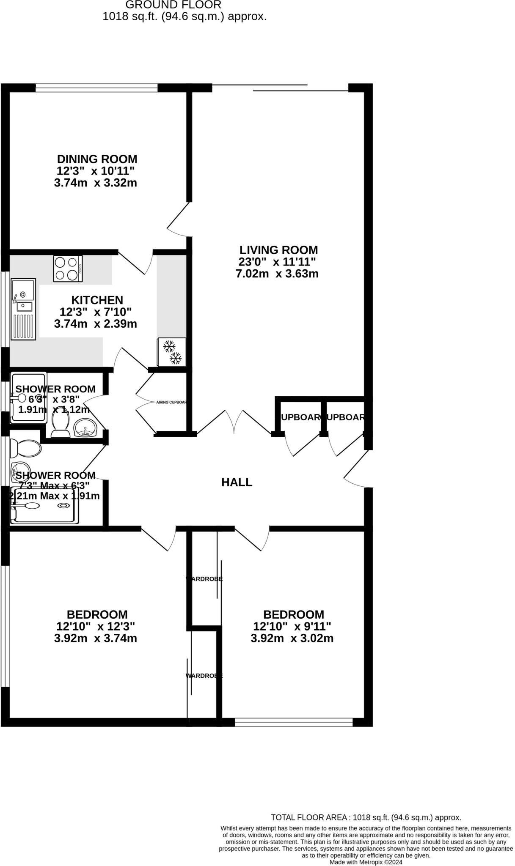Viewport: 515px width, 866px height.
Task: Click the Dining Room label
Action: coord(97,159)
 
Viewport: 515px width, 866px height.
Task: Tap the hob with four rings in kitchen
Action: coord(68,269)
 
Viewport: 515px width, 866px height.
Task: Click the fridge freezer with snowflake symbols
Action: coord(171,352)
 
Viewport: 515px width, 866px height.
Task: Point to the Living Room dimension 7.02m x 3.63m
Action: coord(277,274)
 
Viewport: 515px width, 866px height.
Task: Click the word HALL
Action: coord(237,482)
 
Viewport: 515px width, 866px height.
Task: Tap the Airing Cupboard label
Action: coord(171,403)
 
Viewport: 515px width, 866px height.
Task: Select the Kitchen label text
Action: coord(97,300)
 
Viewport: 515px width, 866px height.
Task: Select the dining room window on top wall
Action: coord(96,88)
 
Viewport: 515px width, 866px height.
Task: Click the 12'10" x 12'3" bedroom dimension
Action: coord(95,626)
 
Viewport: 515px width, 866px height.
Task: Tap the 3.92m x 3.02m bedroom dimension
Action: coord(292,638)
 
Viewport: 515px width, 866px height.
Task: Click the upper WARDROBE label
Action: coord(204,579)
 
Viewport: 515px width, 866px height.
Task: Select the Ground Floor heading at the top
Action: coord(174,5)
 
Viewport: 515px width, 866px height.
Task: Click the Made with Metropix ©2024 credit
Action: coord(366,862)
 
